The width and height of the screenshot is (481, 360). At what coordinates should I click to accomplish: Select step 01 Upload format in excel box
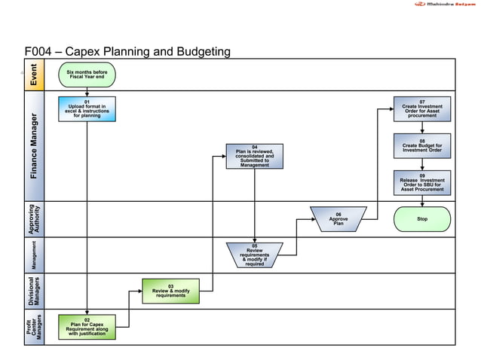click(87, 108)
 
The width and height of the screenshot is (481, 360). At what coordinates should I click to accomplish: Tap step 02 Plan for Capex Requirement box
click(87, 327)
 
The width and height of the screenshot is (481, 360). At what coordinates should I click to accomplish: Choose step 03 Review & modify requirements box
click(171, 291)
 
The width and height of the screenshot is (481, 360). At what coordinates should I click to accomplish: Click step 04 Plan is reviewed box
click(255, 156)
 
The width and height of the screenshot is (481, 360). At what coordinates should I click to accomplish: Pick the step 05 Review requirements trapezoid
click(255, 255)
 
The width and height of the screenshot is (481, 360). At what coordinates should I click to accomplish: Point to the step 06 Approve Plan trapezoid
click(339, 219)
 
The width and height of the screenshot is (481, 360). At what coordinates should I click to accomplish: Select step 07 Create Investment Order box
click(422, 108)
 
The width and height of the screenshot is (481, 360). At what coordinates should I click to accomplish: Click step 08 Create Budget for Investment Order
click(422, 145)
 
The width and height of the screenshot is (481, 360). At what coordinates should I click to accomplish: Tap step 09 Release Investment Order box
click(422, 182)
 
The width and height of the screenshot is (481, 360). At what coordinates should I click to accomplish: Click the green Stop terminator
click(422, 219)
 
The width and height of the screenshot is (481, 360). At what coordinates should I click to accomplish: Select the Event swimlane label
click(34, 74)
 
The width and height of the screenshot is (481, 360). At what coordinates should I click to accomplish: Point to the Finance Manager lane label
click(34, 146)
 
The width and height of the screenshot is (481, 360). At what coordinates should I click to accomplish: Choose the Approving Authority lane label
click(34, 219)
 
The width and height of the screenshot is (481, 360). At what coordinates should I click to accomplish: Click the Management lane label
click(34, 255)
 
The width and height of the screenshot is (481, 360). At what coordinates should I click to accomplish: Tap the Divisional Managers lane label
click(34, 291)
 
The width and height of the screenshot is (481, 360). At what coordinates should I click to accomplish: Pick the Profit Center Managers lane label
click(34, 327)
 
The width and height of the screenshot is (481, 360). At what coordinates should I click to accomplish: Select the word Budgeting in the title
click(201, 52)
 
